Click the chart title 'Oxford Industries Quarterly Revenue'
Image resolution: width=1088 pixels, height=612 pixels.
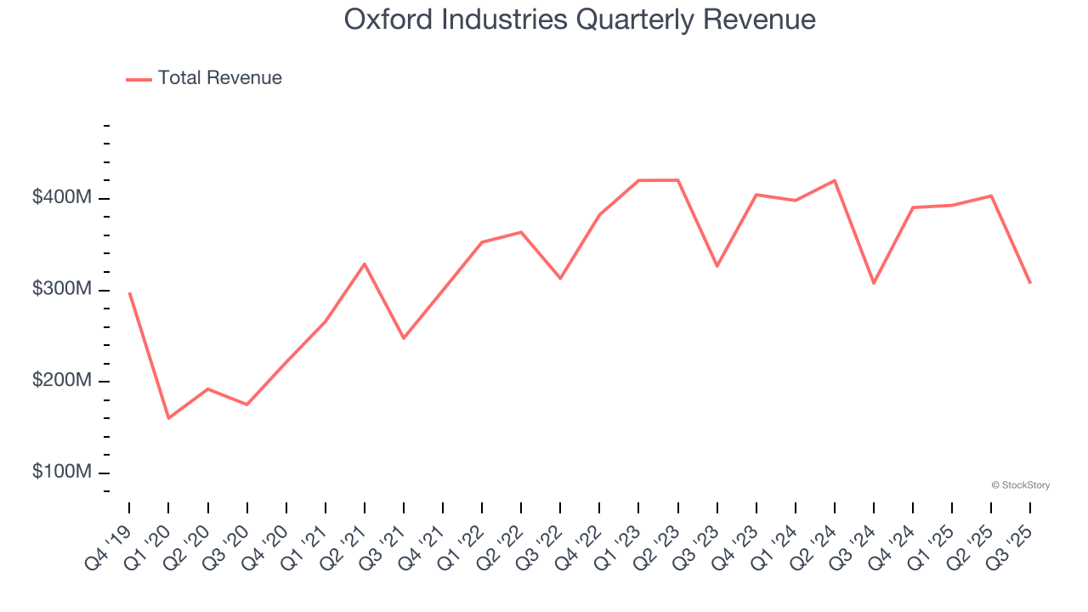tap(580, 19)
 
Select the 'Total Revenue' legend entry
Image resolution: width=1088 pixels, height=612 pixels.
tap(219, 78)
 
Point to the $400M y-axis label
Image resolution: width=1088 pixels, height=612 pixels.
tap(62, 198)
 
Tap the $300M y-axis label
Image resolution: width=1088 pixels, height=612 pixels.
tap(62, 290)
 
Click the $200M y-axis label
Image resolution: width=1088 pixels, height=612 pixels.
tap(62, 381)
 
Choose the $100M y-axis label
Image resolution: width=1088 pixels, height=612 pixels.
tap(62, 473)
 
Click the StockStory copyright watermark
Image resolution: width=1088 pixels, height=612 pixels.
tap(1020, 485)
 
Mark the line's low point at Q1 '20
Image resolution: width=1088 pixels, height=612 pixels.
tap(168, 418)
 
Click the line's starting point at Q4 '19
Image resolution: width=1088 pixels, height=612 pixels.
tap(129, 293)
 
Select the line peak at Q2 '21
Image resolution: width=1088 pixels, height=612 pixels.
tap(365, 263)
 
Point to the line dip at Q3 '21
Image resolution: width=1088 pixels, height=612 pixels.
tap(404, 338)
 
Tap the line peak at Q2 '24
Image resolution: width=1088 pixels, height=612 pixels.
tap(835, 180)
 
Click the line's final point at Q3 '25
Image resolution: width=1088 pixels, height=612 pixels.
tap(1030, 283)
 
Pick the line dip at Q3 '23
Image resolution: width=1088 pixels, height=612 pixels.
tap(717, 266)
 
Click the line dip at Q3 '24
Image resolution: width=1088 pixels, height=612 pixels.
tap(874, 283)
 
